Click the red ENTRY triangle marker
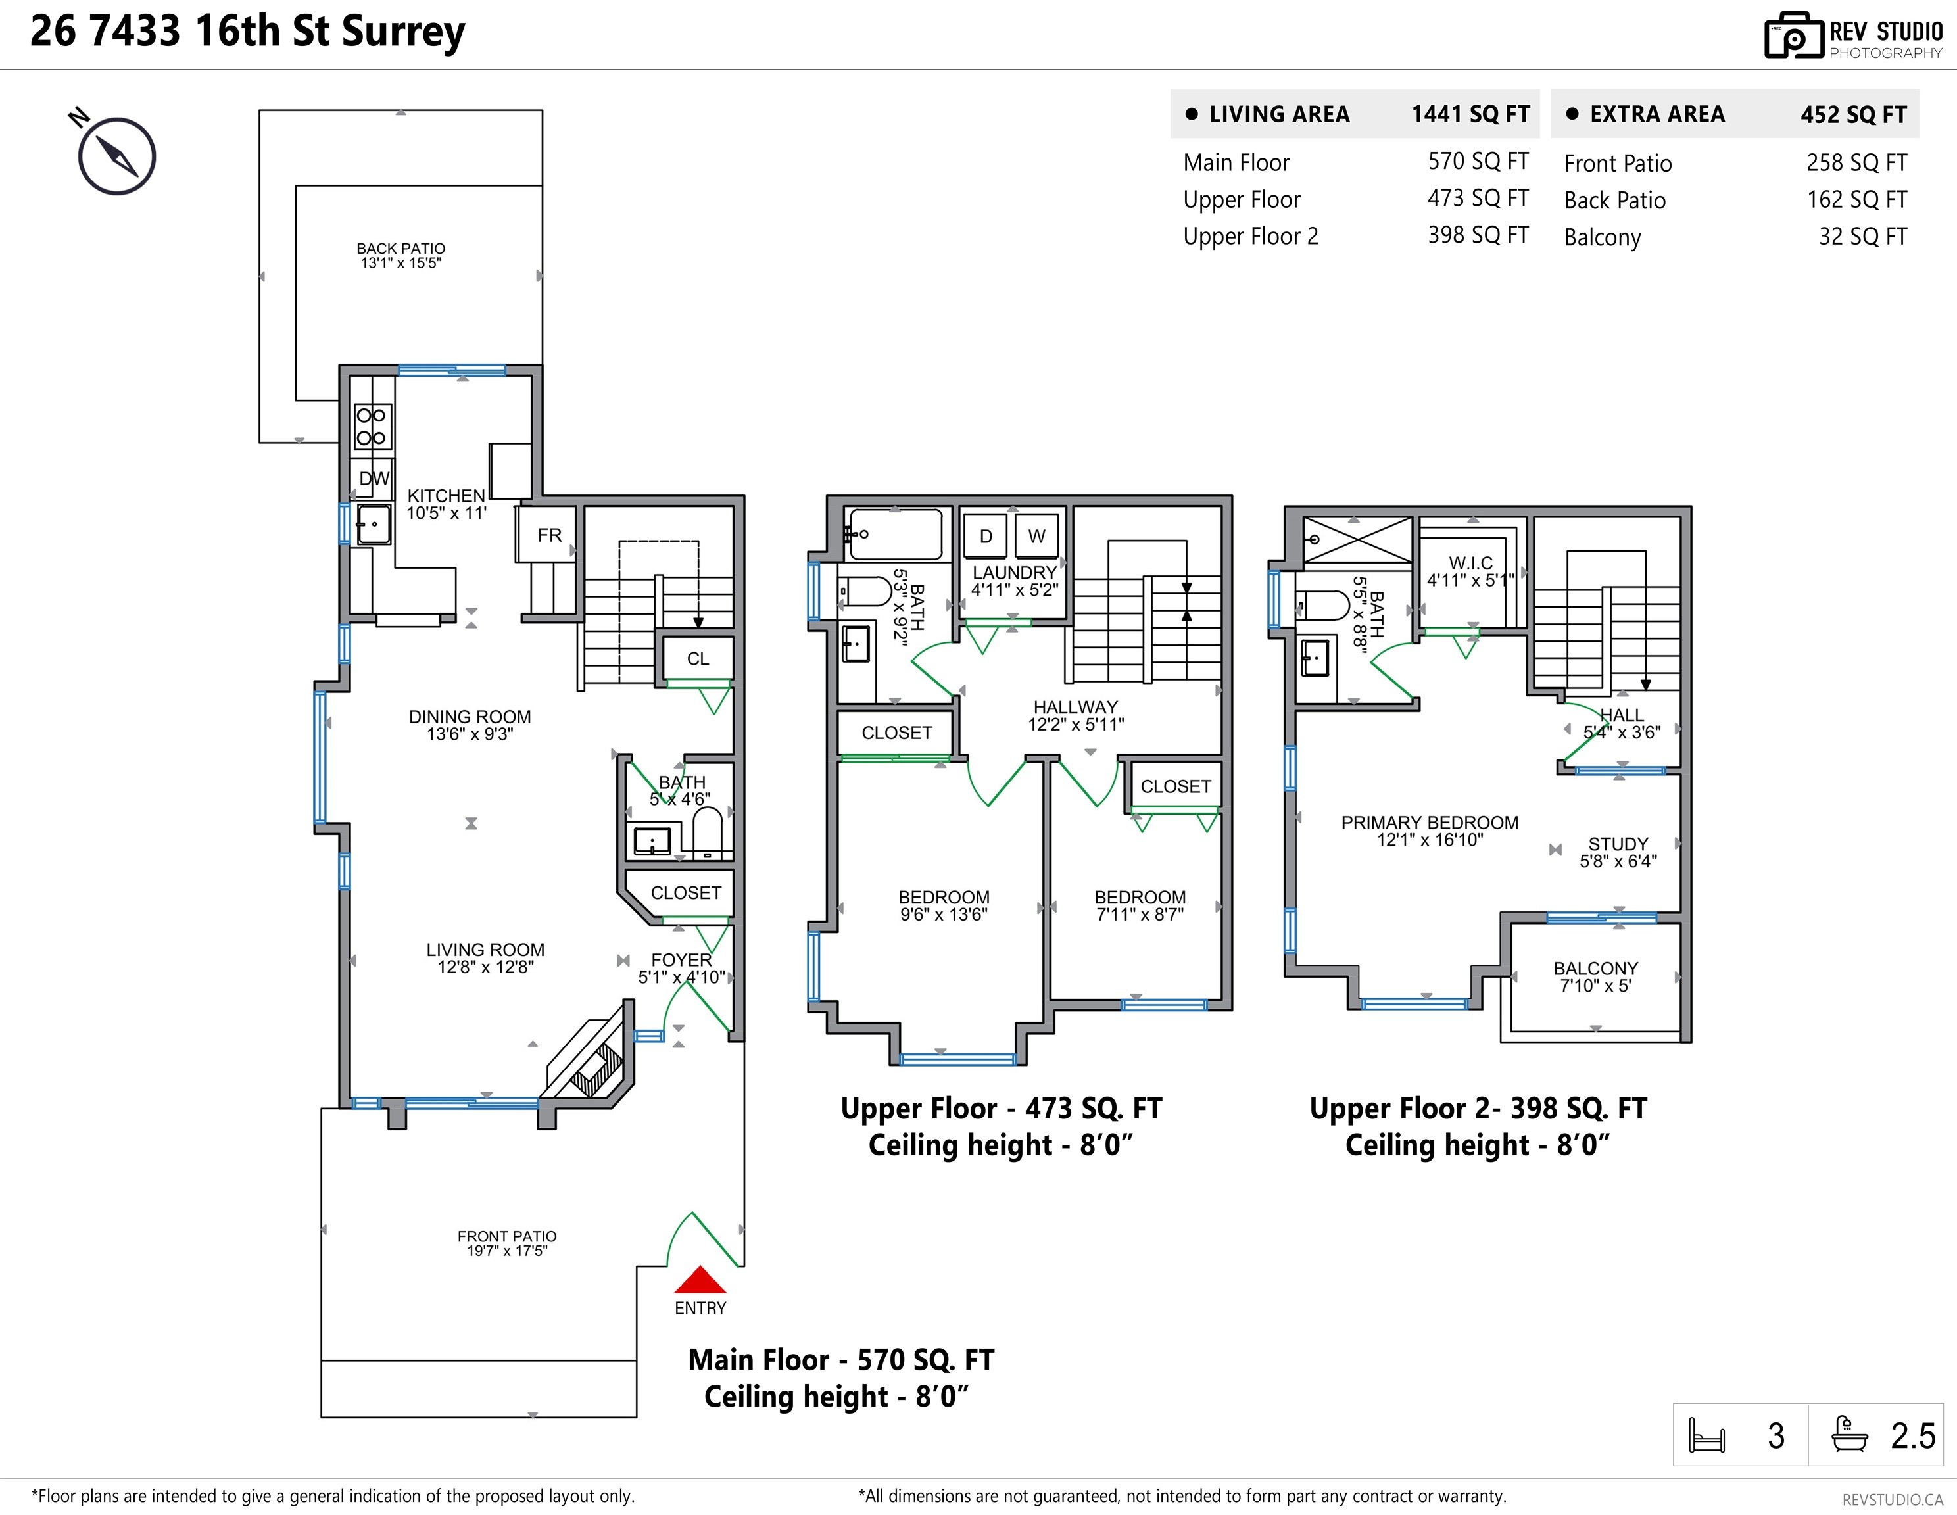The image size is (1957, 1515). (x=700, y=1280)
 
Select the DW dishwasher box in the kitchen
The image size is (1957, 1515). (x=374, y=479)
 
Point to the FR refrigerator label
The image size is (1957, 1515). (x=549, y=535)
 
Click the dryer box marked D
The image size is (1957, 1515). (x=986, y=536)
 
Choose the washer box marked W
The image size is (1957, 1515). (x=1037, y=536)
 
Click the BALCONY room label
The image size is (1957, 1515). (x=1595, y=969)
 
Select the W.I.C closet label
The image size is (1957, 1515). (x=1470, y=563)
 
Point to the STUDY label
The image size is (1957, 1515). (x=1618, y=844)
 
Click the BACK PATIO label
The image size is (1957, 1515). (x=400, y=248)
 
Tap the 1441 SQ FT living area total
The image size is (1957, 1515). (x=1470, y=114)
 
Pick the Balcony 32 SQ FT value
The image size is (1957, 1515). (x=1862, y=237)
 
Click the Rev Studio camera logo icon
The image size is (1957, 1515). (x=1793, y=36)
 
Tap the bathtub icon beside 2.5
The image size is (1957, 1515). (x=1849, y=1433)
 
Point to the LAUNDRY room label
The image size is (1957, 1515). (x=1015, y=573)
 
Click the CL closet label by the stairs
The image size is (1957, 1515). (x=698, y=658)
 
